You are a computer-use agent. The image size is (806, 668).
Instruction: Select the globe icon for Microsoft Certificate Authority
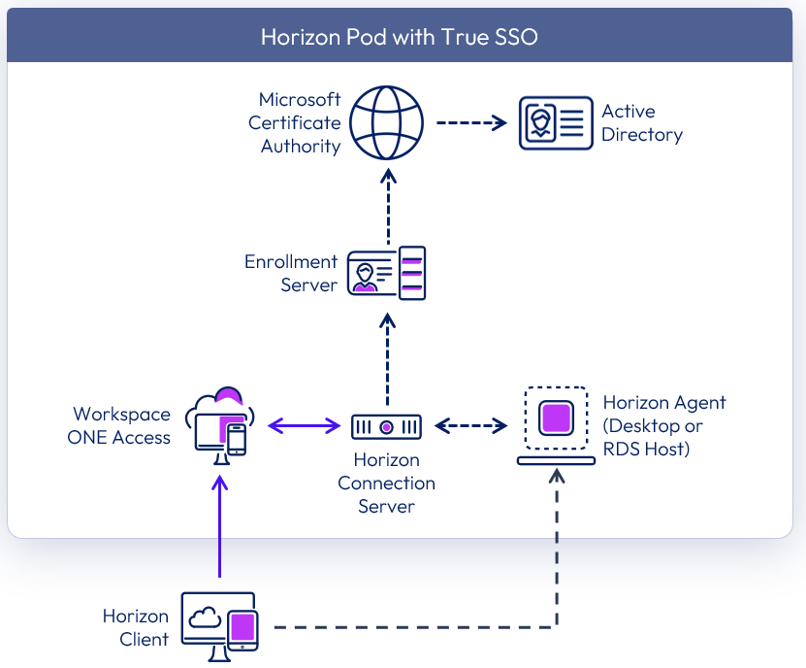(x=387, y=123)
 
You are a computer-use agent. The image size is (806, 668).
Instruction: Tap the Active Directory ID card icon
(x=555, y=123)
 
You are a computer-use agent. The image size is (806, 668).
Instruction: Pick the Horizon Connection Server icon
(x=386, y=425)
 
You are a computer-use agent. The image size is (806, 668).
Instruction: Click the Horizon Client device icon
(x=219, y=626)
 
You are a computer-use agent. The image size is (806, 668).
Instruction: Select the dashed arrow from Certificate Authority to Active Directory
(x=471, y=123)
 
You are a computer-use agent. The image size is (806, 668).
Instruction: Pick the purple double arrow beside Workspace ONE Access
(x=303, y=425)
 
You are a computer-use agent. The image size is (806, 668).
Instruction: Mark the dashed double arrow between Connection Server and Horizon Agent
(x=471, y=425)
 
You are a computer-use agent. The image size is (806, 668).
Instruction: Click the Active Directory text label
(x=641, y=123)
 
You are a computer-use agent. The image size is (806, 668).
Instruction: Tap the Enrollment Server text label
(x=291, y=273)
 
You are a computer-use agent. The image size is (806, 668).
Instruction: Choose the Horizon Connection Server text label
(x=386, y=483)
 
